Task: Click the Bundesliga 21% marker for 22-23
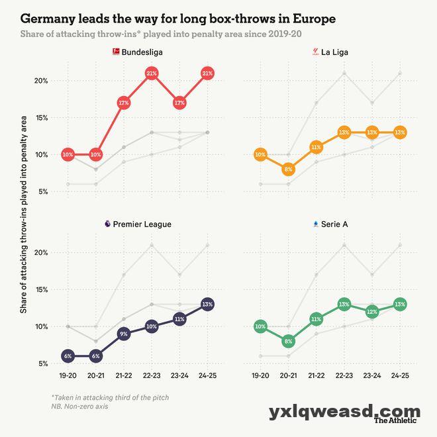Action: click(x=152, y=73)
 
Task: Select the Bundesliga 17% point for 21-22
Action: click(x=124, y=103)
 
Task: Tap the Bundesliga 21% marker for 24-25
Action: click(x=207, y=73)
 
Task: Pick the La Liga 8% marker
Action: click(x=288, y=170)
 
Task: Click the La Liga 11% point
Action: click(x=316, y=147)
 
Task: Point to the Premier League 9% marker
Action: click(x=124, y=334)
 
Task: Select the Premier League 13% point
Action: click(x=207, y=305)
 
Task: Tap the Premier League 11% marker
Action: click(x=179, y=319)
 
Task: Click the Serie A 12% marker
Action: click(x=371, y=312)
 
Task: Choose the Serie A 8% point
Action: click(x=288, y=342)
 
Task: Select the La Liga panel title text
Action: click(x=334, y=52)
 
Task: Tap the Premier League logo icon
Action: click(x=107, y=224)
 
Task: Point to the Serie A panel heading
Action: click(x=334, y=224)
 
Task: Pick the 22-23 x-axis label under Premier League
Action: click(x=152, y=375)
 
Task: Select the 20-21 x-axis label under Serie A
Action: click(x=288, y=375)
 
